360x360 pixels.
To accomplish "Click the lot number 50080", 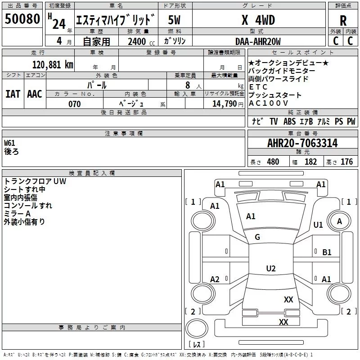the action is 22,18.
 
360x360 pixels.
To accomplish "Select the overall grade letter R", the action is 343,21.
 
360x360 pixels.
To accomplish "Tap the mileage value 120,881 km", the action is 53,65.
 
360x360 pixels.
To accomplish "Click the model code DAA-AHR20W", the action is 258,41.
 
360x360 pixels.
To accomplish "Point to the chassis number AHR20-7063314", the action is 302,143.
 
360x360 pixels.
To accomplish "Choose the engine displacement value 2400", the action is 137,41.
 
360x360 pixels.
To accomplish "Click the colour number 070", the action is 75,104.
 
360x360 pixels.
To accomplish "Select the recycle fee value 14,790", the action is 225,104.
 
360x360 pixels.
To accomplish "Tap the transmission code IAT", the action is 13,94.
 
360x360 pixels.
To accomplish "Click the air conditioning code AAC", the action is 35,94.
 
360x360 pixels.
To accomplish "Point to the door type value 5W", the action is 174,20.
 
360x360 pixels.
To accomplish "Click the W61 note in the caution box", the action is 9,143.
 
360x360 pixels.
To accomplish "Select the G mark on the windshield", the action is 257,237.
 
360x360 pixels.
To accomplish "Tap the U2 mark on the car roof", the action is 271,268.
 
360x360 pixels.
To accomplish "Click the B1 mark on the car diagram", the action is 327,252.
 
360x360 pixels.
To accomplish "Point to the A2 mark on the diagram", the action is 215,279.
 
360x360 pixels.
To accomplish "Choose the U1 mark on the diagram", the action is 318,225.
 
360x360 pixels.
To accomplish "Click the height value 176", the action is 346,162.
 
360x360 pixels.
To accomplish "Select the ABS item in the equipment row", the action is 289,121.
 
